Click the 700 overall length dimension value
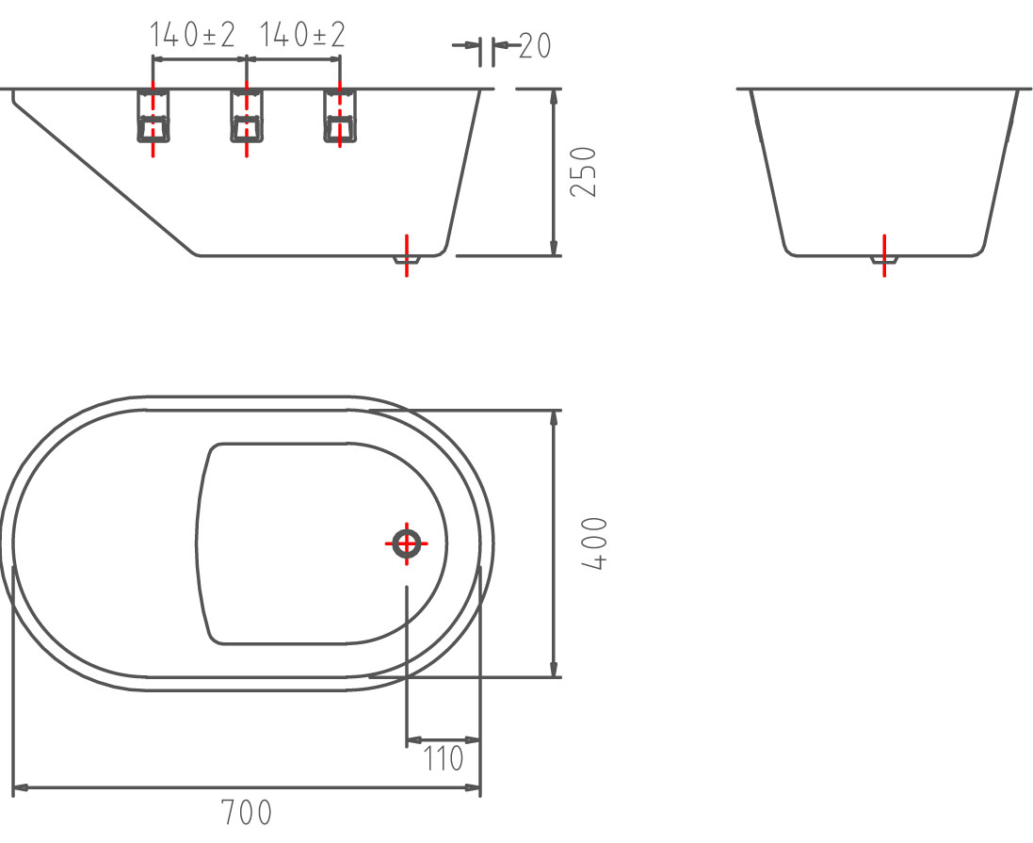[246, 813]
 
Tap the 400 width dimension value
[596, 543]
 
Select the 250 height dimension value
[585, 170]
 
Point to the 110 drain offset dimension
[443, 758]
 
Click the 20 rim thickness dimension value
[534, 45]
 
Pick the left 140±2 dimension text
[193, 36]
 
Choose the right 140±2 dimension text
[302, 36]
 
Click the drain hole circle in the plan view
[407, 543]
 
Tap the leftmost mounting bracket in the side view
[153, 117]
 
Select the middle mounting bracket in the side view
[246, 117]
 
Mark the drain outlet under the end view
[883, 258]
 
